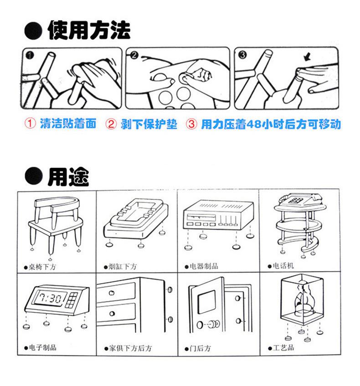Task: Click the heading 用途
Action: pos(68,177)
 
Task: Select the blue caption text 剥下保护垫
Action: pos(149,124)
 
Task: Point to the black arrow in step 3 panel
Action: pos(307,57)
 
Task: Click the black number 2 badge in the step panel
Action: pos(134,55)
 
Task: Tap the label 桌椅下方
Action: pos(42,267)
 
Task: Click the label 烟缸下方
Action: pos(123,266)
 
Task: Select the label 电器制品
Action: pos(204,266)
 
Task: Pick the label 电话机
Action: pos(283,266)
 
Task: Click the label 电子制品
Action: pos(43,347)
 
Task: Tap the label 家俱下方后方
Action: pos(131,348)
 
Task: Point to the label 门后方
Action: pos(201,348)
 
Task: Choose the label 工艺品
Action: pos(283,348)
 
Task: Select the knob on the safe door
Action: pos(214,324)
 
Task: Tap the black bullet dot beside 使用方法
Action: pos(33,30)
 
